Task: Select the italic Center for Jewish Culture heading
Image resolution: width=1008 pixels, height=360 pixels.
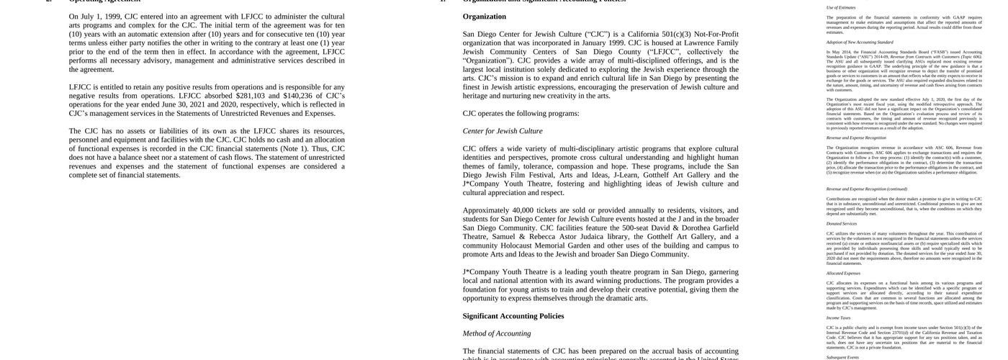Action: (x=503, y=131)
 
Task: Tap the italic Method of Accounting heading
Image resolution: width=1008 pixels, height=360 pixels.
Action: (x=497, y=333)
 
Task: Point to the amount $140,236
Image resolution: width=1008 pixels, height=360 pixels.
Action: (x=298, y=96)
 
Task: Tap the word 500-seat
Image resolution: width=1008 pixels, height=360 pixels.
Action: (x=639, y=228)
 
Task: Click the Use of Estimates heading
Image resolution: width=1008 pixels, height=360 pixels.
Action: (x=841, y=8)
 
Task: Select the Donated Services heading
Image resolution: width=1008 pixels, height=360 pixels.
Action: (x=842, y=224)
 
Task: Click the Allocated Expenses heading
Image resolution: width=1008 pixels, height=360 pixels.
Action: (x=843, y=274)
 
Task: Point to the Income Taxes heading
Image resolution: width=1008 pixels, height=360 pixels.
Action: (x=838, y=318)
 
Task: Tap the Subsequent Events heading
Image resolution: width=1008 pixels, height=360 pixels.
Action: (x=843, y=357)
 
